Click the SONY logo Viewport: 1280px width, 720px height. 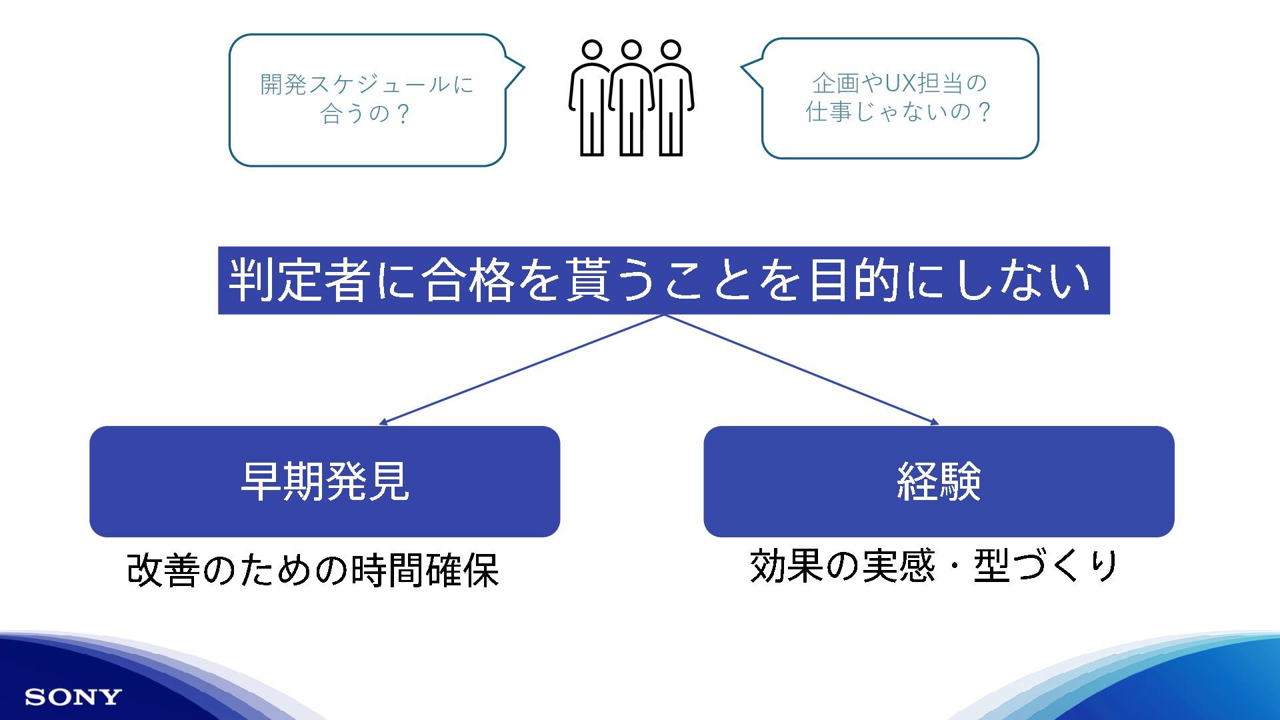(73, 697)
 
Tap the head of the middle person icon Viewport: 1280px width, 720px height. (631, 50)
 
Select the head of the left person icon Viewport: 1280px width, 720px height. (591, 50)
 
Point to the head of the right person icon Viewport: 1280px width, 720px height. (671, 50)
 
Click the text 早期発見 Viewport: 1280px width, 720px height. (325, 481)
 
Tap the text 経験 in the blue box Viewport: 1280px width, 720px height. (939, 481)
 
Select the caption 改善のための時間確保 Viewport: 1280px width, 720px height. (313, 571)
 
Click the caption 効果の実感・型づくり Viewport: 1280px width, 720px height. (933, 566)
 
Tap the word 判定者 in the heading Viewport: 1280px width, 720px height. (300, 281)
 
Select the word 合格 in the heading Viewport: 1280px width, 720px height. (469, 281)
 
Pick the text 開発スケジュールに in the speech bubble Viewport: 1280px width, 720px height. (367, 85)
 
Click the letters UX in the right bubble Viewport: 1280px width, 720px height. (900, 83)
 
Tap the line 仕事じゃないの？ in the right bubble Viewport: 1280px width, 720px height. (898, 112)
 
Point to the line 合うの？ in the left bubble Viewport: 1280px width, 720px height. (365, 114)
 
